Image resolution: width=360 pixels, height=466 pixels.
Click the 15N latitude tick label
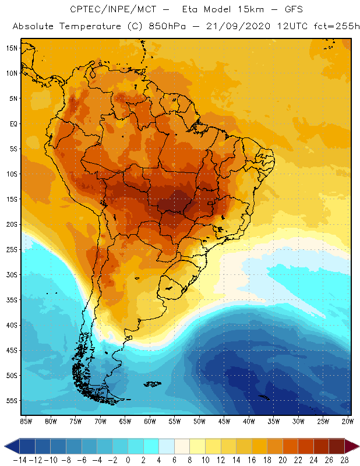click(12, 48)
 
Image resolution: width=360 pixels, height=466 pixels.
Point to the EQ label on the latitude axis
click(13, 123)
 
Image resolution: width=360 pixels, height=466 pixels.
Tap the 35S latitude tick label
click(12, 300)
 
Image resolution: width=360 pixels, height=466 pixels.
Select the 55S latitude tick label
click(12, 401)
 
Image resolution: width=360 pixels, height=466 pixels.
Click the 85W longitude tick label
click(26, 421)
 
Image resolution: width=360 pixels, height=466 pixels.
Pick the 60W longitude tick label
click(150, 421)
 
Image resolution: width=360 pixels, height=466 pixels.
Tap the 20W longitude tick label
click(348, 421)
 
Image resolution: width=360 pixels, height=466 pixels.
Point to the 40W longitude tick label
click(249, 421)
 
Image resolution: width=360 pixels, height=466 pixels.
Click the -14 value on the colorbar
click(19, 460)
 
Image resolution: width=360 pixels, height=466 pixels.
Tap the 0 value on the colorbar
click(128, 460)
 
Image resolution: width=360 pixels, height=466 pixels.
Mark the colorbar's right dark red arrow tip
click(357, 446)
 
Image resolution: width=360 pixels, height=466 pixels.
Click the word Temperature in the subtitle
click(89, 27)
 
